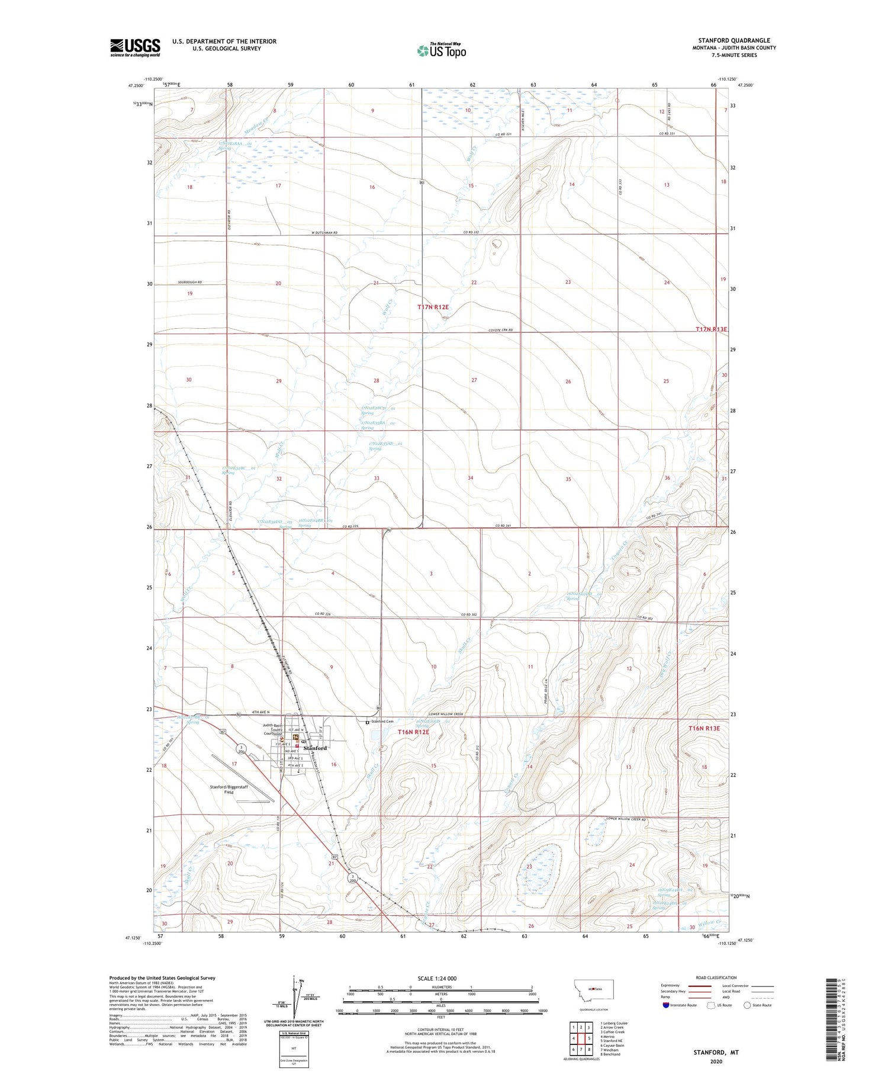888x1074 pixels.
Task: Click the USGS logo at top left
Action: tap(135, 47)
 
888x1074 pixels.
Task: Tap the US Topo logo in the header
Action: tap(441, 51)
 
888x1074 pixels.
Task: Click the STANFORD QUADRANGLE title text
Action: tap(733, 40)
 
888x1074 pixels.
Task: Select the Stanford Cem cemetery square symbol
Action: tap(367, 722)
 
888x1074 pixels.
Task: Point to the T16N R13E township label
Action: tap(704, 728)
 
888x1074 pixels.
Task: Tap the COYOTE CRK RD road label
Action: tap(501, 330)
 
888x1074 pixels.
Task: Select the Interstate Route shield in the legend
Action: tap(666, 1005)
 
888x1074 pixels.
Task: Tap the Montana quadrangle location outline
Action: tap(594, 989)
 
